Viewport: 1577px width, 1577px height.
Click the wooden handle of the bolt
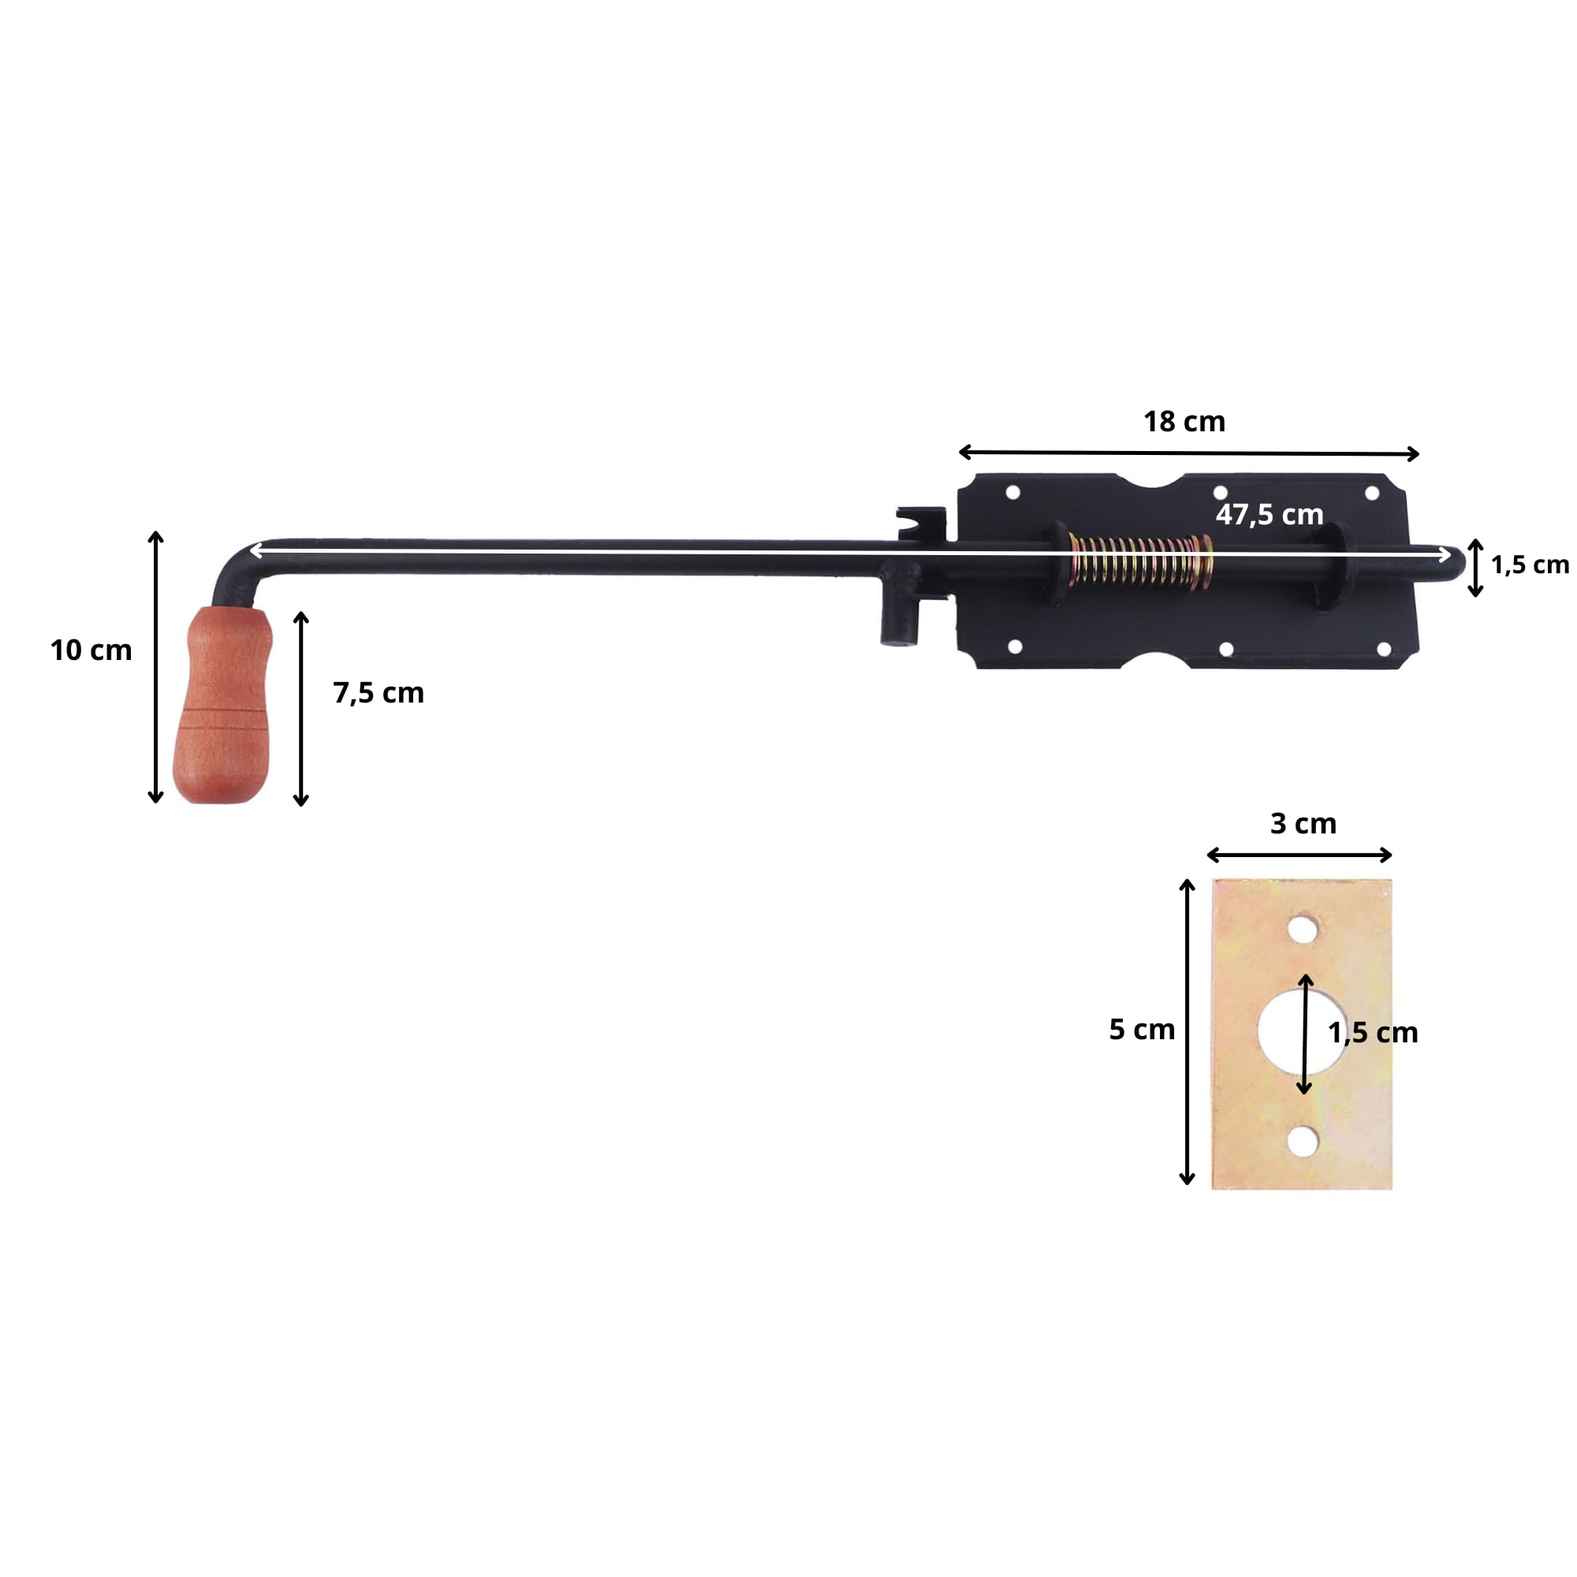[x=222, y=705]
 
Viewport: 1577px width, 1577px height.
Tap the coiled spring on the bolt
[x=1140, y=561]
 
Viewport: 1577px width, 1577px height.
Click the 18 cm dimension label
[x=1184, y=422]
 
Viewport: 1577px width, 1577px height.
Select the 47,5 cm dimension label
[x=1269, y=515]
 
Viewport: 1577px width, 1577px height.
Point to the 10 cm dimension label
[x=91, y=651]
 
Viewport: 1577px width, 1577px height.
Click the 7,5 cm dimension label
[x=378, y=693]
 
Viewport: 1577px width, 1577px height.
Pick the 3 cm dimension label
[x=1303, y=824]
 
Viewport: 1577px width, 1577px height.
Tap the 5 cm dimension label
[x=1141, y=1030]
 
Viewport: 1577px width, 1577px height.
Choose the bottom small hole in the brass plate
[x=1303, y=1141]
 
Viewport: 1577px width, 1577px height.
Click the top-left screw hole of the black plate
[x=1013, y=493]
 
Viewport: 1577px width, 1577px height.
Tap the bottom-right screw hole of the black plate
[x=1385, y=650]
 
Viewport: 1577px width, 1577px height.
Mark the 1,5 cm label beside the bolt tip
[x=1530, y=565]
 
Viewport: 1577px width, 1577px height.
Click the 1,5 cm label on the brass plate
[x=1373, y=1034]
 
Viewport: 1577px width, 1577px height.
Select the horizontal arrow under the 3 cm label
[x=1299, y=855]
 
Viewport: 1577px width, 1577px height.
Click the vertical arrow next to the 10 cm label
[x=156, y=667]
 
